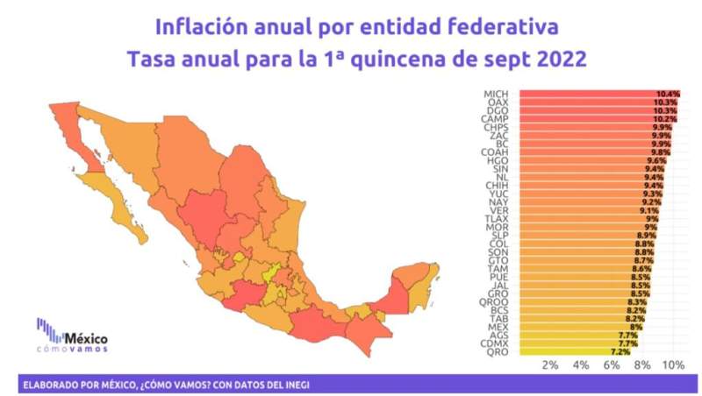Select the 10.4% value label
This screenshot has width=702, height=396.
tap(667, 93)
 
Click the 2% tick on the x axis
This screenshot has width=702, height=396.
tap(550, 364)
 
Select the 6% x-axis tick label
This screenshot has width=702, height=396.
tap(612, 364)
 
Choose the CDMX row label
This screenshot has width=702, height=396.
tap(495, 344)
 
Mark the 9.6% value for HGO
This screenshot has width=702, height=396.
tap(656, 161)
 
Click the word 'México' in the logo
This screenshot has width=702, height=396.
tap(88, 336)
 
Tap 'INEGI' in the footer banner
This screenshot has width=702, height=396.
tap(294, 385)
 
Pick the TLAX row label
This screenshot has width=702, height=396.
tap(497, 219)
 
